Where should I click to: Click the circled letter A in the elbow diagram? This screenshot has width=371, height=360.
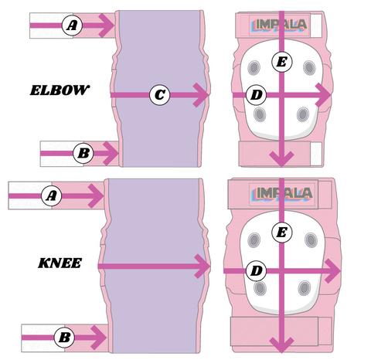[x=72, y=25]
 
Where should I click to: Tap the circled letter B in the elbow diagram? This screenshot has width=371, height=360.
[x=83, y=153]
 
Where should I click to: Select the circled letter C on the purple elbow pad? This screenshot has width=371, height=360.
[x=160, y=95]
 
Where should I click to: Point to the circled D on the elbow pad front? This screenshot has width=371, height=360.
[x=256, y=95]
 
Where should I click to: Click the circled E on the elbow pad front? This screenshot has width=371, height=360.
[x=282, y=62]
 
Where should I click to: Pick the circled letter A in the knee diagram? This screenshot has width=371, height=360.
[x=52, y=196]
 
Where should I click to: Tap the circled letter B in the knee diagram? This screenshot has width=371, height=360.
[x=64, y=338]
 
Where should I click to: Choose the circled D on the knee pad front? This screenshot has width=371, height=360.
[x=256, y=271]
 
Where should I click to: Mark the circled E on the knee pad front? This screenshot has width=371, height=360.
[x=282, y=233]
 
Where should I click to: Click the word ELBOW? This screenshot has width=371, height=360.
[x=60, y=90]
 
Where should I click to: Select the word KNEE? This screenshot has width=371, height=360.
[x=60, y=263]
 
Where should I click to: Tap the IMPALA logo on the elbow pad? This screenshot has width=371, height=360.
[x=279, y=25]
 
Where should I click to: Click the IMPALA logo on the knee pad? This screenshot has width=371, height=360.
[x=281, y=193]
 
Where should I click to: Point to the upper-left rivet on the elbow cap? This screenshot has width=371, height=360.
[x=254, y=67]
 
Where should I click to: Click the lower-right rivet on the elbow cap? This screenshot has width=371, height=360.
[x=303, y=114]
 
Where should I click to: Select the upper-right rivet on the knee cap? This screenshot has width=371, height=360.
[x=311, y=240]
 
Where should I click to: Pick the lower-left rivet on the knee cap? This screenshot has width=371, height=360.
[x=260, y=288]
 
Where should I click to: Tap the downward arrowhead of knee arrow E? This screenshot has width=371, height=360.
[x=282, y=345]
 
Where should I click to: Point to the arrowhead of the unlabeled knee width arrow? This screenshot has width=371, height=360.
[x=203, y=267]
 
